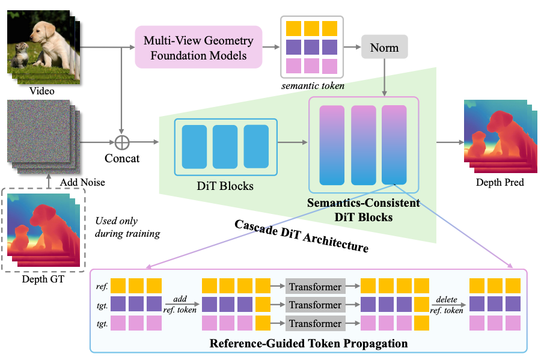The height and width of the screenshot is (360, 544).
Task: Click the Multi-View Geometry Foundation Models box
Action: click(x=198, y=47)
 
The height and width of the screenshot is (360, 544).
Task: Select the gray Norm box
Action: click(x=385, y=47)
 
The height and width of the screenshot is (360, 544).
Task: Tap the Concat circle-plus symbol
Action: click(x=122, y=142)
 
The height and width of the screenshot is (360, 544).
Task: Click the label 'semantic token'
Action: click(x=313, y=86)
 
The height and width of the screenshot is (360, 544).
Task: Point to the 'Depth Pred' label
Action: click(x=500, y=182)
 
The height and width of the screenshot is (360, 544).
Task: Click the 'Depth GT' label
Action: click(x=43, y=279)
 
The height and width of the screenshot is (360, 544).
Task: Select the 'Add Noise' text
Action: click(x=82, y=182)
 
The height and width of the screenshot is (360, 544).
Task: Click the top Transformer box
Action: click(x=316, y=287)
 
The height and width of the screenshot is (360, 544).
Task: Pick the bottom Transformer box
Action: click(x=316, y=323)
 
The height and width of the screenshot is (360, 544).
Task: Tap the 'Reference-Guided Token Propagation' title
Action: click(x=308, y=343)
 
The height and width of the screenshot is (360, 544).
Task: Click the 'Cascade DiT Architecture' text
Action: click(x=302, y=236)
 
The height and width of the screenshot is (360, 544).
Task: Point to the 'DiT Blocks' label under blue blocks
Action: click(x=225, y=186)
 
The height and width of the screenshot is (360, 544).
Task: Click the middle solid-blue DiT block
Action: click(x=225, y=147)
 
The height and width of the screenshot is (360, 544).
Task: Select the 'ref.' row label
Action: click(x=102, y=287)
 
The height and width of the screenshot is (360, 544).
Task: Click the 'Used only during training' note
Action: click(x=127, y=227)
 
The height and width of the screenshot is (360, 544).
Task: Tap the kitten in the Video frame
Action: click(x=20, y=55)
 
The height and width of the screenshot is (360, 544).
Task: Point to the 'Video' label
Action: click(x=41, y=91)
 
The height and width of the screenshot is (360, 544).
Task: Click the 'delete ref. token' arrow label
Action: click(x=447, y=305)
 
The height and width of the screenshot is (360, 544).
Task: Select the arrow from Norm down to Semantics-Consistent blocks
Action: click(x=385, y=78)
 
